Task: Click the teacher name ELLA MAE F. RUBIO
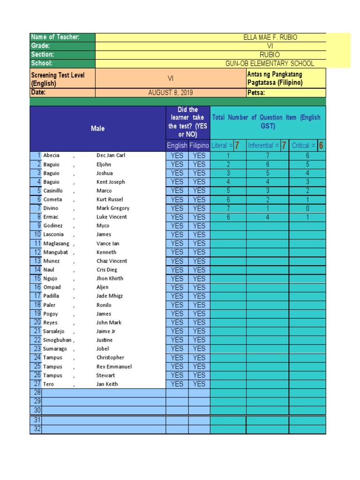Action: point(270,37)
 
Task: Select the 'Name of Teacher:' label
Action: point(55,37)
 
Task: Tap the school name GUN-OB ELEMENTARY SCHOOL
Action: point(270,64)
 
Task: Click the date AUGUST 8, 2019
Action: point(171,93)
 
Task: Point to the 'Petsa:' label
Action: point(256,93)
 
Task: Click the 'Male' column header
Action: point(97,128)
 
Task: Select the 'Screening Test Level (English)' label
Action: point(58,79)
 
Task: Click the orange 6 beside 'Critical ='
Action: point(321,146)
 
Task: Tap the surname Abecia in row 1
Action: point(52,156)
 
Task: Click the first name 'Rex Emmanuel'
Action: point(114,367)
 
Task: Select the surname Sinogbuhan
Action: point(57,340)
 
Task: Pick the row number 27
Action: point(37,384)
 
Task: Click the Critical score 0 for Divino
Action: point(307,208)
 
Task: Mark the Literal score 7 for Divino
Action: point(228,208)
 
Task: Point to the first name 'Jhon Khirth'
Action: point(110,278)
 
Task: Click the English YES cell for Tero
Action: point(177,384)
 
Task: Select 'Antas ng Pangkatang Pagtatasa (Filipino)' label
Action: point(275,79)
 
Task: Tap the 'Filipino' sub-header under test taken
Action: point(199,146)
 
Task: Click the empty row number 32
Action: point(37,429)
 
